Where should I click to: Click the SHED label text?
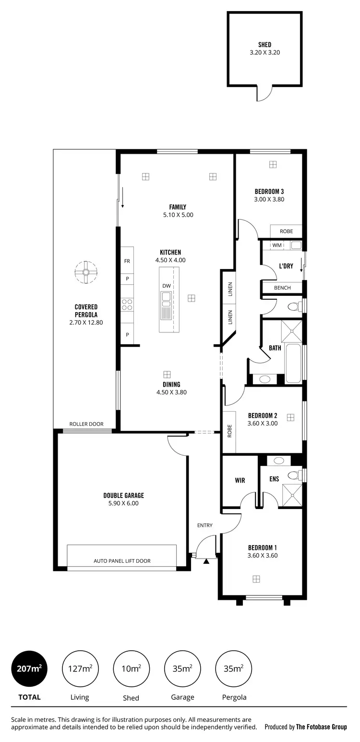tap(264, 45)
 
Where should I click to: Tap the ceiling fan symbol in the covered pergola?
tap(86, 272)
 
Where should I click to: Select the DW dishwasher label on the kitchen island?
tap(166, 286)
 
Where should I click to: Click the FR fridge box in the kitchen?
tap(127, 261)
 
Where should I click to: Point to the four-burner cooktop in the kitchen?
tap(127, 304)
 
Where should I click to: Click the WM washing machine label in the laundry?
tap(277, 245)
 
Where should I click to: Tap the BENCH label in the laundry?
tap(282, 288)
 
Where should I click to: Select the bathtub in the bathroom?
tap(293, 364)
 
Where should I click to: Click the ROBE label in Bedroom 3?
tap(286, 231)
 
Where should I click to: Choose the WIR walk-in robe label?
tap(240, 480)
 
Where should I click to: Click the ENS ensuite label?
tap(274, 479)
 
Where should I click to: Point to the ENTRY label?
tap(204, 525)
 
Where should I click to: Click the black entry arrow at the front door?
tap(206, 561)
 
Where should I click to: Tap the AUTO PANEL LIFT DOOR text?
tap(122, 561)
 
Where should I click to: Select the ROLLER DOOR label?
tap(86, 424)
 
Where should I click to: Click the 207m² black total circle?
tap(29, 668)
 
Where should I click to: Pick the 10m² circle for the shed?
tap(131, 668)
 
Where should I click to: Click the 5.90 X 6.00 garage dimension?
tap(123, 503)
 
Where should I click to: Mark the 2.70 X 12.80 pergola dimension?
tap(86, 323)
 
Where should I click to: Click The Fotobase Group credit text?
tap(321, 727)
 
